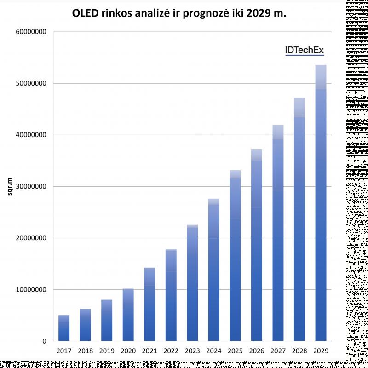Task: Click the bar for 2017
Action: coord(64,328)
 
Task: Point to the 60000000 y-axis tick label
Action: coord(31,32)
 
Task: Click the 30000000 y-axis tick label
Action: coord(31,187)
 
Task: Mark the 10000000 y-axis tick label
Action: coord(31,290)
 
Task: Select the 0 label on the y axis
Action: coord(45,341)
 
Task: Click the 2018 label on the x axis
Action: coord(86,351)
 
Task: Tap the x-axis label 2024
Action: coord(214,351)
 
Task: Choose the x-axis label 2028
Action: coord(299,351)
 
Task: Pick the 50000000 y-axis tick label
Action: coord(31,84)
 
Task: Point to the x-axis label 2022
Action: coord(171,351)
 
